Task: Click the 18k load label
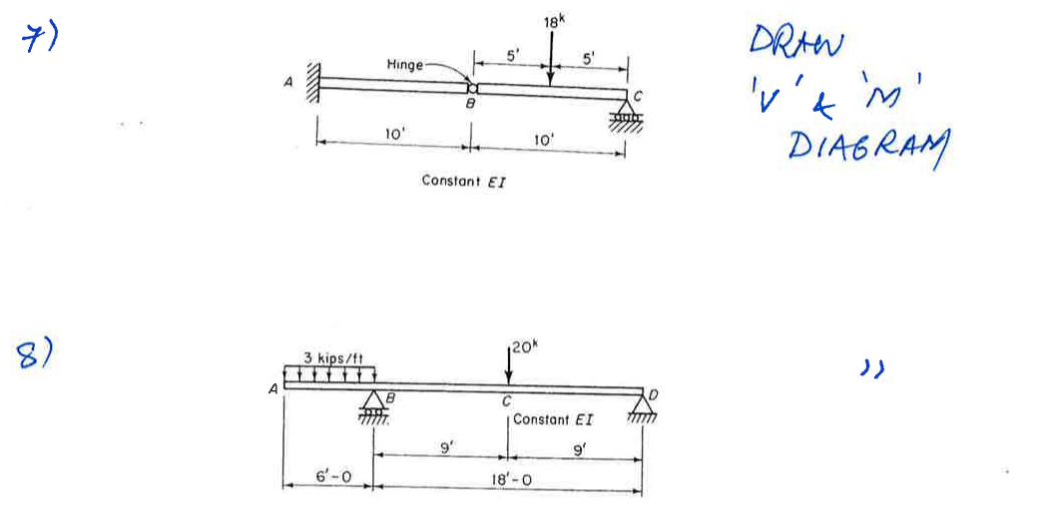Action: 554,21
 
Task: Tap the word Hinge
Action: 404,65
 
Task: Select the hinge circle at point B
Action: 473,88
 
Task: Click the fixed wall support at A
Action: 313,82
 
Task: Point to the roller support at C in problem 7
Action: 626,115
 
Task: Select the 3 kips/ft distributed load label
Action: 333,358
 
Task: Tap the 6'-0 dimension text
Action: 333,477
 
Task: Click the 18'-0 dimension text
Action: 511,480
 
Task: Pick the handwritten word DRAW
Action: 795,43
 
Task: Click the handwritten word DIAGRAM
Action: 868,148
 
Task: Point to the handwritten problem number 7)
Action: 40,38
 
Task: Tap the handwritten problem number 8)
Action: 35,353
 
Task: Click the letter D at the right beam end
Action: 653,395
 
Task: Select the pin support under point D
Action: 643,408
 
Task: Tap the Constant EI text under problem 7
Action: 463,181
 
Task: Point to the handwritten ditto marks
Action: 872,367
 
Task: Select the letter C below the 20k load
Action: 506,402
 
